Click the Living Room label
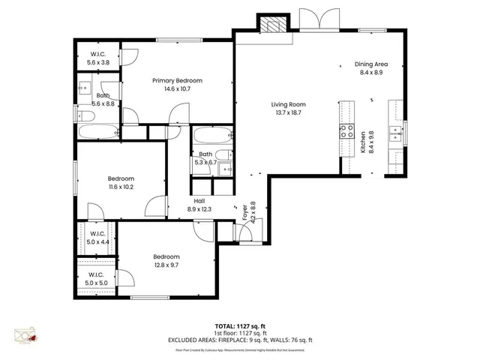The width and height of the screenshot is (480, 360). [x=289, y=105]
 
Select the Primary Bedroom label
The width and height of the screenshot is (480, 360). [x=177, y=81]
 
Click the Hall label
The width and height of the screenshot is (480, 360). [x=199, y=201]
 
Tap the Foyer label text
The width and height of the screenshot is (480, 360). [x=244, y=212]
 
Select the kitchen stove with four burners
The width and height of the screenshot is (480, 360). [x=347, y=133]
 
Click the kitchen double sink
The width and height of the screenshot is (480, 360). [x=394, y=135]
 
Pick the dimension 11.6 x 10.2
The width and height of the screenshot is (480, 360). [x=121, y=187]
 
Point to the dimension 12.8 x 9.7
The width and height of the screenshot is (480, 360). [x=166, y=264]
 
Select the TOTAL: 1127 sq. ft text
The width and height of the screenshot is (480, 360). [x=240, y=325]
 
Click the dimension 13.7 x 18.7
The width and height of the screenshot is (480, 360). [x=289, y=113]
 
